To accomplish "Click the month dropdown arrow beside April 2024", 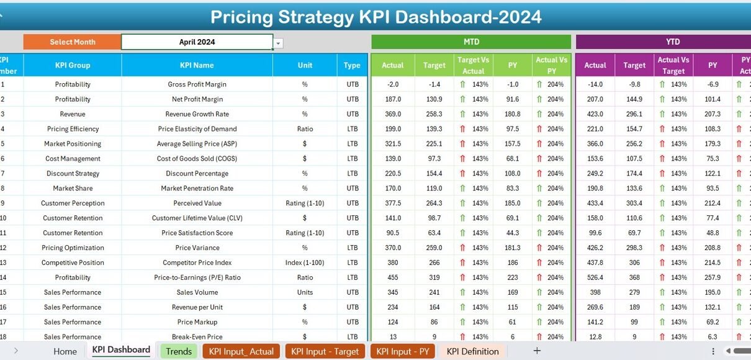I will click(x=279, y=43).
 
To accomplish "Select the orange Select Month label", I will click(x=72, y=42).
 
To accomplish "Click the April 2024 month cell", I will click(x=197, y=42).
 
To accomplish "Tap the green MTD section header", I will click(x=471, y=42).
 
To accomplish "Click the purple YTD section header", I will click(x=672, y=42).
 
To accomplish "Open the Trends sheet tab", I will click(x=179, y=351).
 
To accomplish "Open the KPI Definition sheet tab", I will click(x=472, y=351).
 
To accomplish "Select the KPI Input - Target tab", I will click(x=325, y=351).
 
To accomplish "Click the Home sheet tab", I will click(x=65, y=351).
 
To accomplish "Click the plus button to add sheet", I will click(x=537, y=351).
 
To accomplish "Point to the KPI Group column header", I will click(x=73, y=65).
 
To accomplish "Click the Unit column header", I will click(x=305, y=65).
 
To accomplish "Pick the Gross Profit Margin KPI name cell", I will click(x=197, y=84).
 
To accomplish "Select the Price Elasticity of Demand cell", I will click(x=197, y=129).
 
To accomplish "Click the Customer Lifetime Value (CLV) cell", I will click(x=197, y=218).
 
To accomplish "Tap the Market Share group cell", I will click(x=73, y=188).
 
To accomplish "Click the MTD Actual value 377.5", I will click(x=392, y=203).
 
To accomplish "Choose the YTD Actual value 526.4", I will click(x=595, y=277).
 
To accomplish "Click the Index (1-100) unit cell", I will click(x=305, y=263).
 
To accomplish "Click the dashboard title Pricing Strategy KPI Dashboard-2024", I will click(x=375, y=17).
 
